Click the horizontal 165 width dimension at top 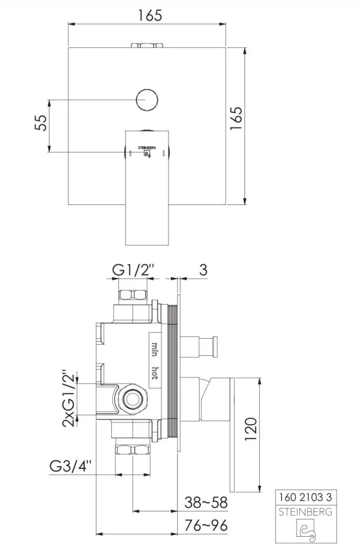(x=150, y=15)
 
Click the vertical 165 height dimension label (x=236, y=118)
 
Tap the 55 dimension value (x=41, y=123)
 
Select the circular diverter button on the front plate (x=147, y=100)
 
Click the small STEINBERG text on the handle (x=147, y=148)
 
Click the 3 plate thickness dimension (x=203, y=270)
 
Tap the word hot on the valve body (x=155, y=373)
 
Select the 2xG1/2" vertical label (x=69, y=399)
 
